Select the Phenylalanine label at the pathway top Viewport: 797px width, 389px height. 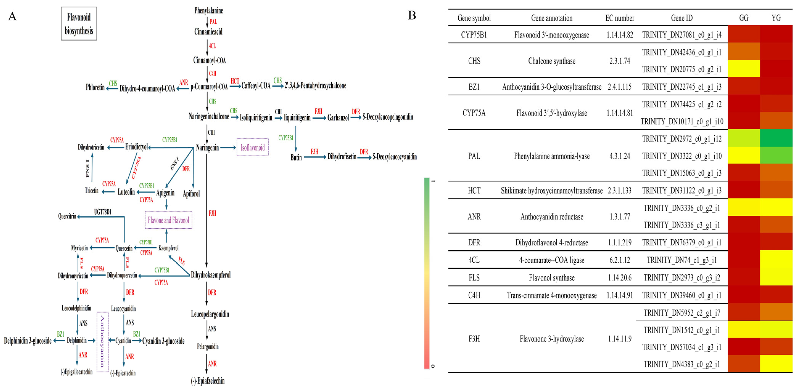[x=208, y=10]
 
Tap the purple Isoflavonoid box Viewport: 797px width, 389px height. [x=253, y=147]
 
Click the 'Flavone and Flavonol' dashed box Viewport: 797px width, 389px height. [x=168, y=220]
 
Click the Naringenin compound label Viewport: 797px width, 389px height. [x=207, y=148]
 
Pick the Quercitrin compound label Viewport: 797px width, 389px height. [x=67, y=216]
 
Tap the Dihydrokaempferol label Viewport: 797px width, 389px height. [x=211, y=275]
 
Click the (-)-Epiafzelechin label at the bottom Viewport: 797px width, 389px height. [x=208, y=381]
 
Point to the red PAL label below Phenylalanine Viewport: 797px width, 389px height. [x=213, y=22]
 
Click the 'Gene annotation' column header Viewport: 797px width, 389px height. [x=552, y=18]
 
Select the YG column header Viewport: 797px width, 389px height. [x=776, y=18]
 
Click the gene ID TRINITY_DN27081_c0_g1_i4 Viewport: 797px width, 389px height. [x=682, y=35]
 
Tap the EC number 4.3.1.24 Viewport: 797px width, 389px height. [x=620, y=156]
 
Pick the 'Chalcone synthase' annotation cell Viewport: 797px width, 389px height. [x=552, y=61]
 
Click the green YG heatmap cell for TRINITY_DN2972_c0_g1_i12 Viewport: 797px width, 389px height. [x=776, y=138]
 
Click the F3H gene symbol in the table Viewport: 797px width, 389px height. [x=474, y=338]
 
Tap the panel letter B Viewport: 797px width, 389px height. [x=412, y=15]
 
